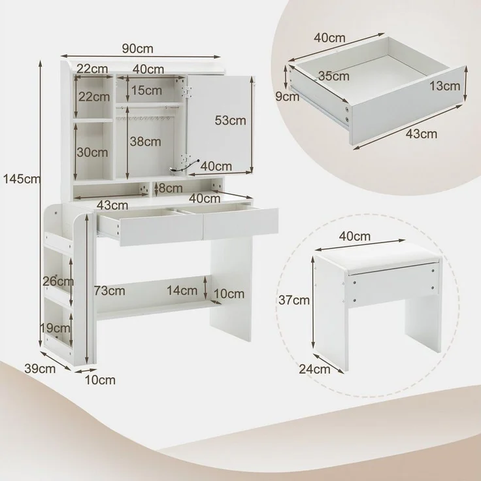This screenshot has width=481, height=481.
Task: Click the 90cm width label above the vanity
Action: (137, 48)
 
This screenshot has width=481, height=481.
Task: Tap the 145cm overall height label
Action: (22, 178)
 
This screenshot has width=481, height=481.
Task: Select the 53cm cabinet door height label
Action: (231, 120)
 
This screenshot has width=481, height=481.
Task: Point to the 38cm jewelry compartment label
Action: (145, 141)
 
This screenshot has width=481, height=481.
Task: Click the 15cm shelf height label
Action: (146, 90)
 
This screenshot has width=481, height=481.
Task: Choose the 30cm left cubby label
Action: (92, 152)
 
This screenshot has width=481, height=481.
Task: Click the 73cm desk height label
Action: (110, 291)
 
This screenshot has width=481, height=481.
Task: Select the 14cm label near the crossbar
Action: (182, 290)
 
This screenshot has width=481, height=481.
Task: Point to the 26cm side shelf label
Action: (58, 281)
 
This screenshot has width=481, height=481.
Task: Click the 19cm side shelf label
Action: (56, 328)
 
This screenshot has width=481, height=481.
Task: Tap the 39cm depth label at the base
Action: (40, 369)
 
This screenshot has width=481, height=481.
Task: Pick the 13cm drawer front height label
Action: (445, 86)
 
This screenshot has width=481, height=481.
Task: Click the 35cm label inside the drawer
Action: (334, 76)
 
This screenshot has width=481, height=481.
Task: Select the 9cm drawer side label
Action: (287, 97)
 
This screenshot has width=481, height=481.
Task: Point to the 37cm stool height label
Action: (294, 300)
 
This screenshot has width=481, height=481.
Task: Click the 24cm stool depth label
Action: (315, 369)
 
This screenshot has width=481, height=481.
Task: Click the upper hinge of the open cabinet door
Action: (187, 91)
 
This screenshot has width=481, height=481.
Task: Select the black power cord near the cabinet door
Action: (184, 166)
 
